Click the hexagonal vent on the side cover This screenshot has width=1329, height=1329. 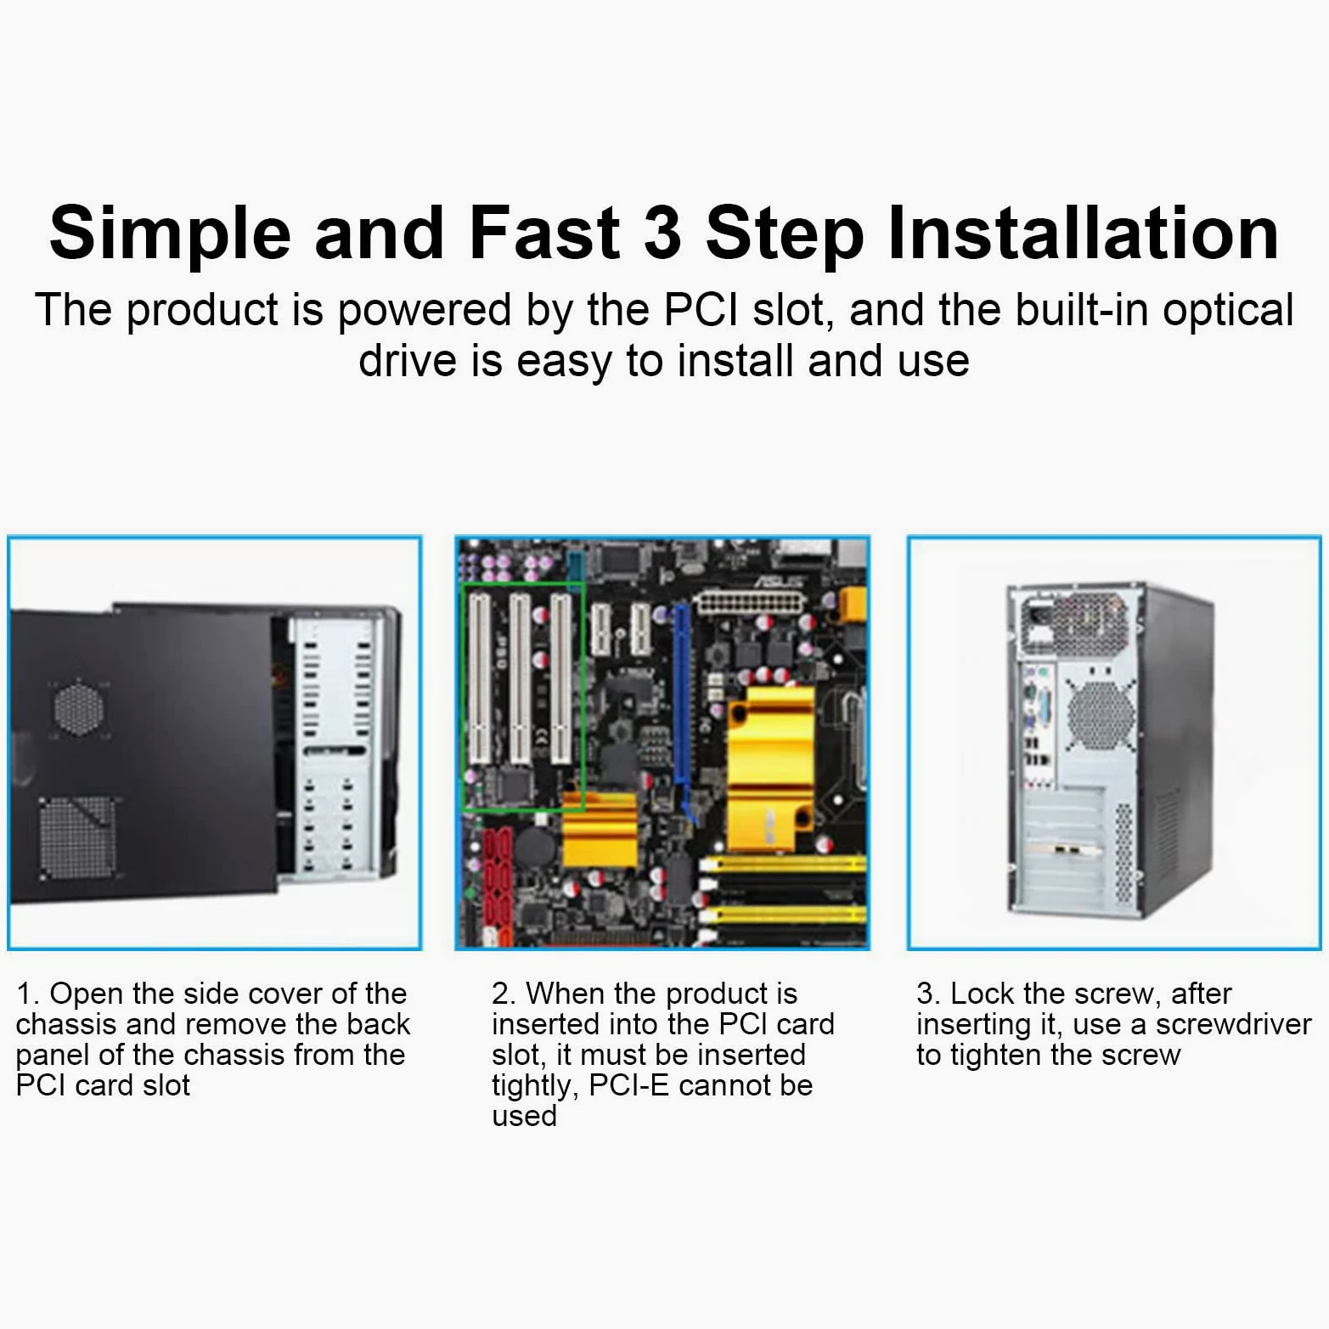tap(78, 707)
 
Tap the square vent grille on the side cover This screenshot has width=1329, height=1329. tap(77, 837)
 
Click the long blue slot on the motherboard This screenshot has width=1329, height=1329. tap(681, 696)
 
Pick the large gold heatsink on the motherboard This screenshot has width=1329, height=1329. tap(771, 769)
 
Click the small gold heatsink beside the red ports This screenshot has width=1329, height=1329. tap(600, 828)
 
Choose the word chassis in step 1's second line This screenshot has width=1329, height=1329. tap(65, 1024)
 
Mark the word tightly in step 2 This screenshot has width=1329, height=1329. tap(534, 1087)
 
